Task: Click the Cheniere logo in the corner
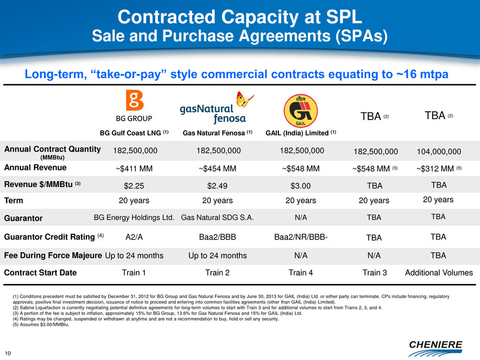435,346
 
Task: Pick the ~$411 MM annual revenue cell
135,168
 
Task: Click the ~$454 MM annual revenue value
214,168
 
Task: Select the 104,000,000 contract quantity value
438,151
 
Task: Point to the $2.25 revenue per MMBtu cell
135,185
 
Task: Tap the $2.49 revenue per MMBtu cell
214,185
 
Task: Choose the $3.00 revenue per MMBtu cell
301,185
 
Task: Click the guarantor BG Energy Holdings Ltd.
134,218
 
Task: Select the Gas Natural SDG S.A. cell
217,218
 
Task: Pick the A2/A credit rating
135,237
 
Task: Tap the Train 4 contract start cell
301,273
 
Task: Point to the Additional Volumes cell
439,273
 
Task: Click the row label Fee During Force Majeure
53,255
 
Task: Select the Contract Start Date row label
40,273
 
